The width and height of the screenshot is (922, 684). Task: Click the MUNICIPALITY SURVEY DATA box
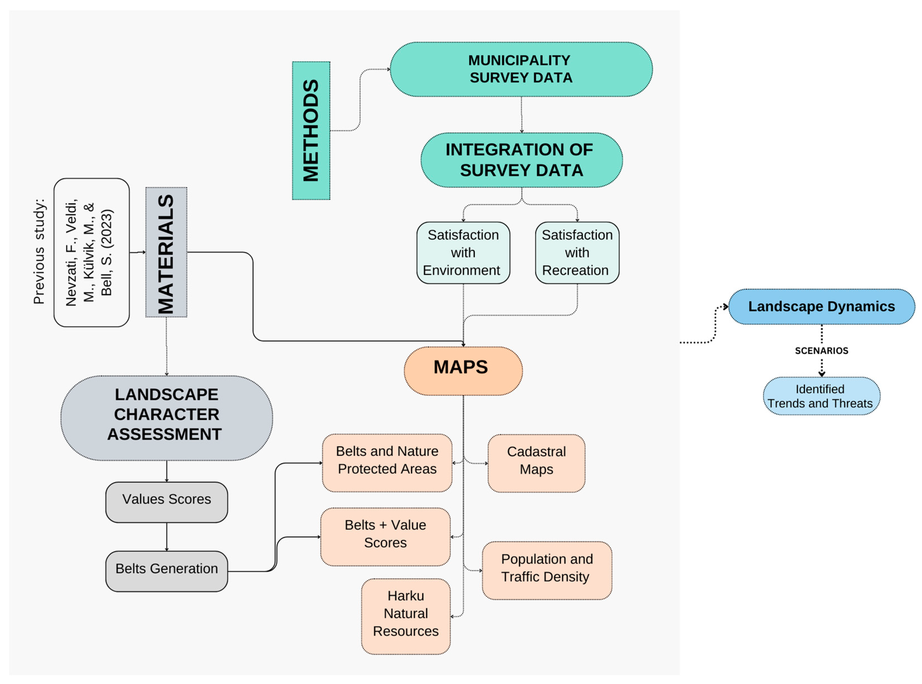(x=521, y=69)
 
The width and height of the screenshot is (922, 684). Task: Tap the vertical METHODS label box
(x=311, y=130)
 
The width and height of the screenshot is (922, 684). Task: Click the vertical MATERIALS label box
(x=166, y=252)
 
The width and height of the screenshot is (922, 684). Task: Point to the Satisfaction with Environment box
(x=463, y=252)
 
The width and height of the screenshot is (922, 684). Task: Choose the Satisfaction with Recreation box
(x=577, y=252)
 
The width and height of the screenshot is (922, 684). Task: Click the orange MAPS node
(x=463, y=371)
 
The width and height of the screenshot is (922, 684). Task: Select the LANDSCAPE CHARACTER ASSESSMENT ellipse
(x=166, y=418)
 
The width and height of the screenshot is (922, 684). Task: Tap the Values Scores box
(x=166, y=502)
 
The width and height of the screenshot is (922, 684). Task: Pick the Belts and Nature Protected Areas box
(x=387, y=463)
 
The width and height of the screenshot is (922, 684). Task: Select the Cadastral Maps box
(x=536, y=463)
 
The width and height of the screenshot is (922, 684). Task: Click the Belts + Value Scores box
(x=385, y=537)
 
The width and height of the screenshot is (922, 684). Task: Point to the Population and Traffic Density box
(x=546, y=570)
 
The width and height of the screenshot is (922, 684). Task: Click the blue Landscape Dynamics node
(x=821, y=306)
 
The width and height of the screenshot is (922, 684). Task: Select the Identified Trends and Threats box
(x=821, y=395)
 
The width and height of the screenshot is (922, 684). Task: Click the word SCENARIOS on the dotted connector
(x=821, y=351)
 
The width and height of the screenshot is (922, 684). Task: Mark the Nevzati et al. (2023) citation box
(x=91, y=252)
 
